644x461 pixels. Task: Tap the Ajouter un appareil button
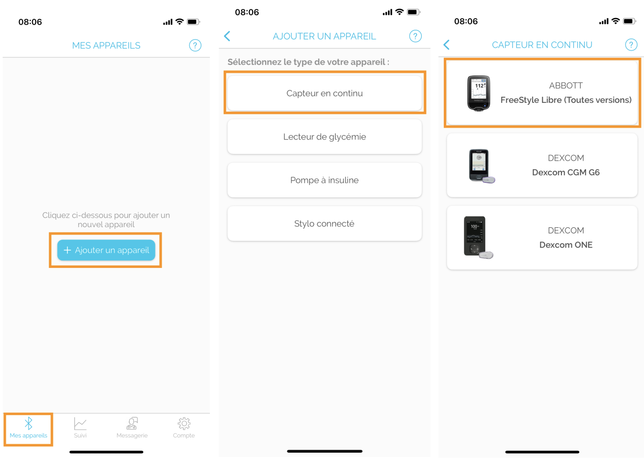(x=106, y=250)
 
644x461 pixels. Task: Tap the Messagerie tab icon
(x=132, y=423)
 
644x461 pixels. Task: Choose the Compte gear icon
(x=184, y=423)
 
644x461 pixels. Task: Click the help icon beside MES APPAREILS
(x=195, y=45)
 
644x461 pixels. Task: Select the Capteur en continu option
(x=324, y=93)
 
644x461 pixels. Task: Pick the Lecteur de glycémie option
(x=324, y=137)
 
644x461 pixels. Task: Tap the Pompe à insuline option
(x=324, y=180)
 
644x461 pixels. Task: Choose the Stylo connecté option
(x=324, y=223)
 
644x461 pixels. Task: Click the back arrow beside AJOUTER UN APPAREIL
(x=227, y=36)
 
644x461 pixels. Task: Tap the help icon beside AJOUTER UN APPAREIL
(x=415, y=36)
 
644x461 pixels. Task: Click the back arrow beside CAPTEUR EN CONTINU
(x=446, y=45)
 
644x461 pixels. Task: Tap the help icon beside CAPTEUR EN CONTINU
(x=631, y=45)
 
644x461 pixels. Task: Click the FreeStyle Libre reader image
(x=478, y=93)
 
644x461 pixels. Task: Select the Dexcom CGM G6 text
(x=566, y=172)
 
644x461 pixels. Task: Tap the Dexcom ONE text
(x=566, y=245)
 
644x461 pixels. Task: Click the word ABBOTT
(x=566, y=86)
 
